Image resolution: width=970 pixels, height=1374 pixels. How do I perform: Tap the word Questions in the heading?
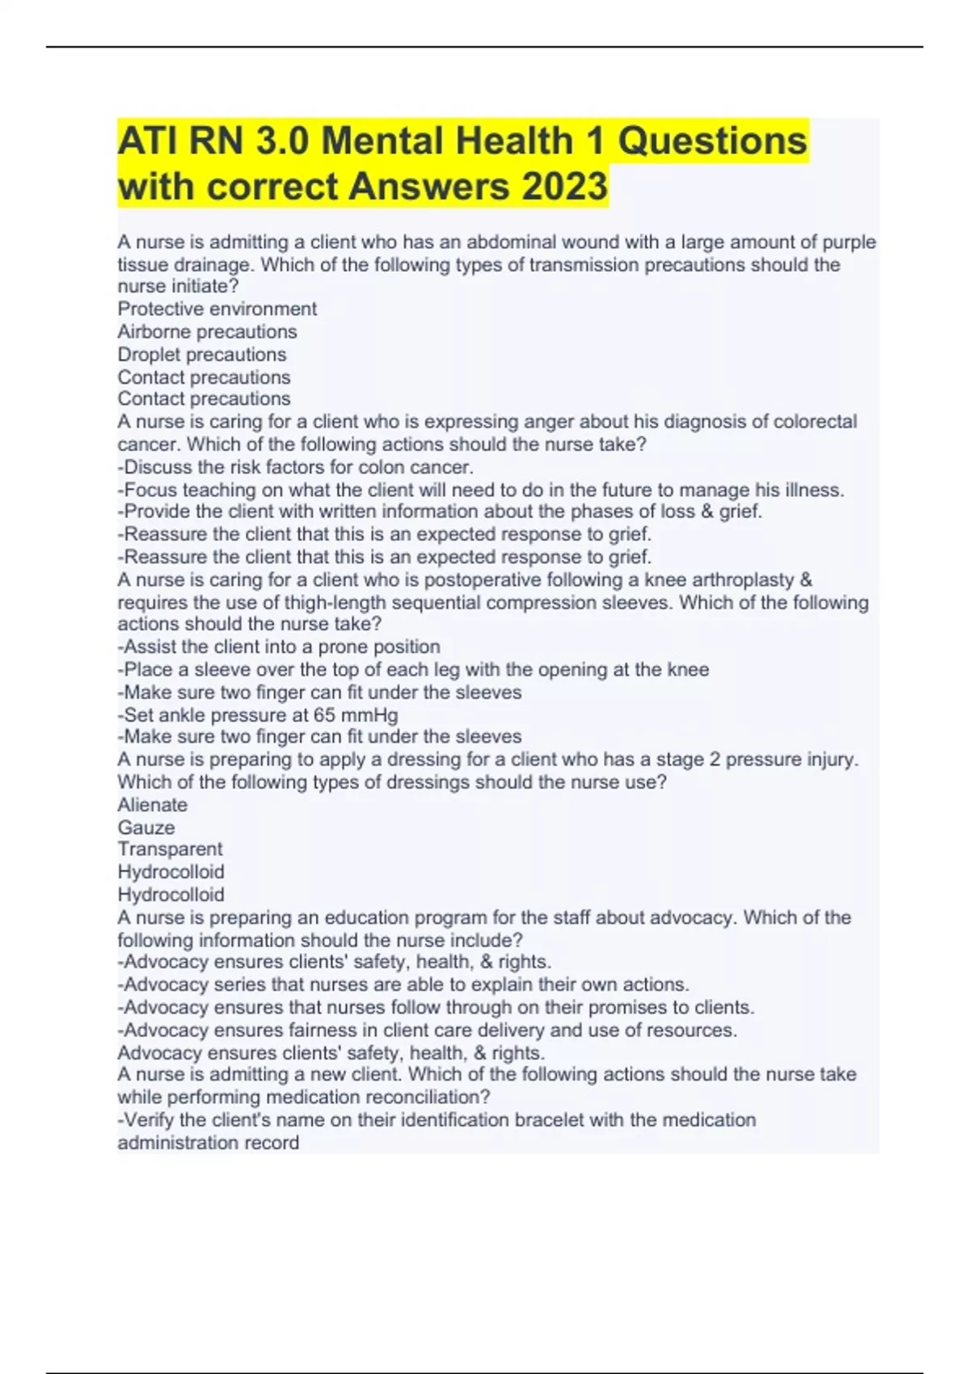712,141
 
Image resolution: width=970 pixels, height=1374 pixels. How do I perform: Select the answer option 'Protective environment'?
217,309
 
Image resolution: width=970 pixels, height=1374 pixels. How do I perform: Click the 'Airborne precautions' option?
207,331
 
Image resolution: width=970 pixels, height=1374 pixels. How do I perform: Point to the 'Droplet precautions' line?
201,354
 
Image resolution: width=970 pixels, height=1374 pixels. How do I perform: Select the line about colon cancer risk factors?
296,467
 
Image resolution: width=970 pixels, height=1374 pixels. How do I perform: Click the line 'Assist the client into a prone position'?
279,647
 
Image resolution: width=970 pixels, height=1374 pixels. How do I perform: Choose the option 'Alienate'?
152,805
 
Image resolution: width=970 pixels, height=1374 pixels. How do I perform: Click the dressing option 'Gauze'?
145,828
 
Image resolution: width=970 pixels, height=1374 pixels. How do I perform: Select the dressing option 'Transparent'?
170,849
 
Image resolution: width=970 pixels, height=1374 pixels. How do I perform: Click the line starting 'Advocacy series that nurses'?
403,984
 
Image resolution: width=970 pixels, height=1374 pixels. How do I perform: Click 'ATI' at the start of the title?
145,141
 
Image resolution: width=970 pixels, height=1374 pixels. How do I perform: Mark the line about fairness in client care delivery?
428,1030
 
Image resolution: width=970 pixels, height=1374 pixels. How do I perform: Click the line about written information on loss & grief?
440,512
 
